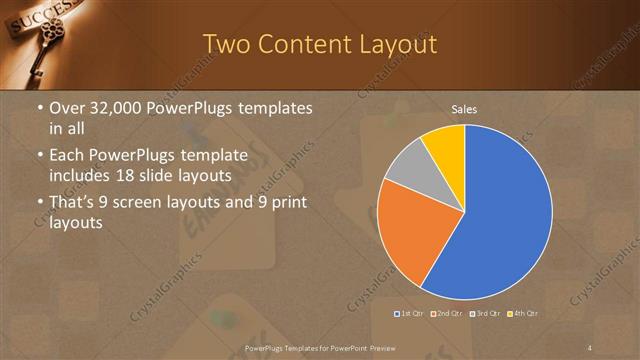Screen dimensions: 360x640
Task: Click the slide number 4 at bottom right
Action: tap(590, 347)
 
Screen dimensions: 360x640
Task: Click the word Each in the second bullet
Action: tap(66, 156)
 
